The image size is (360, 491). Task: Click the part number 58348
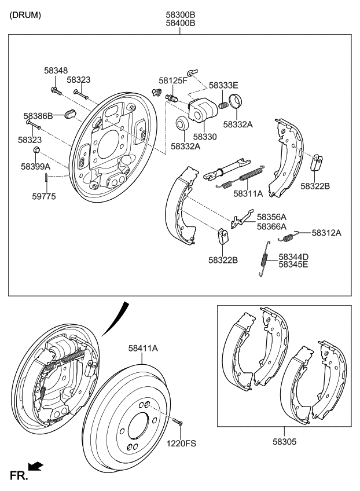click(55, 70)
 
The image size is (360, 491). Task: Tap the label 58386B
click(38, 116)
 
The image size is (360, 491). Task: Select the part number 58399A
click(36, 166)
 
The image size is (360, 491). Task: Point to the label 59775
click(44, 196)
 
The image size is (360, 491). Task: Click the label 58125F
click(174, 80)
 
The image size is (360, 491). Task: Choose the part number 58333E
click(223, 85)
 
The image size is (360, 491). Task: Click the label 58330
click(205, 137)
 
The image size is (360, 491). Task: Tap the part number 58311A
click(248, 193)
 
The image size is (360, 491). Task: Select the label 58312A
click(326, 233)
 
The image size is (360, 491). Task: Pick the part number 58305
click(284, 441)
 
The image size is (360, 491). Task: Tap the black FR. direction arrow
click(36, 465)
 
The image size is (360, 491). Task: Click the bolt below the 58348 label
click(56, 91)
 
